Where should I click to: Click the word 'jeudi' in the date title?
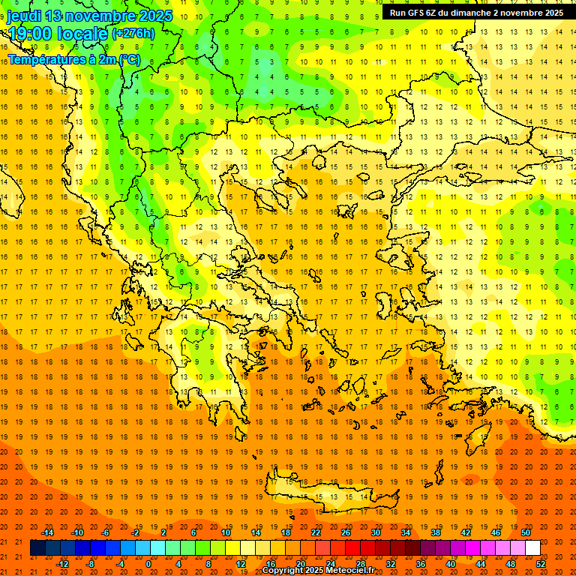pos(24,16)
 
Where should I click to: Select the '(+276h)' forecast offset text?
pos(133,34)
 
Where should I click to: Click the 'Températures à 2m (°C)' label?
pos(73,59)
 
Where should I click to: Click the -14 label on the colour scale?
pos(48,532)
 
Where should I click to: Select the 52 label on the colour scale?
pos(541,564)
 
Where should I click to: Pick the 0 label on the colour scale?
pos(148,564)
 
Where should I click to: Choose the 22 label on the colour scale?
pos(316,532)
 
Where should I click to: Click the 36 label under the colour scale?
pos(421,564)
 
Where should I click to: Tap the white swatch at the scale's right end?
pos(532,548)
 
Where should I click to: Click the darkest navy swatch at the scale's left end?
pos(37,548)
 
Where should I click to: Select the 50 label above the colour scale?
pos(526,532)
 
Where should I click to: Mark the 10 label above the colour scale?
pos(226,532)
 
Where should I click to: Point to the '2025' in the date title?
pos(155,16)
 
